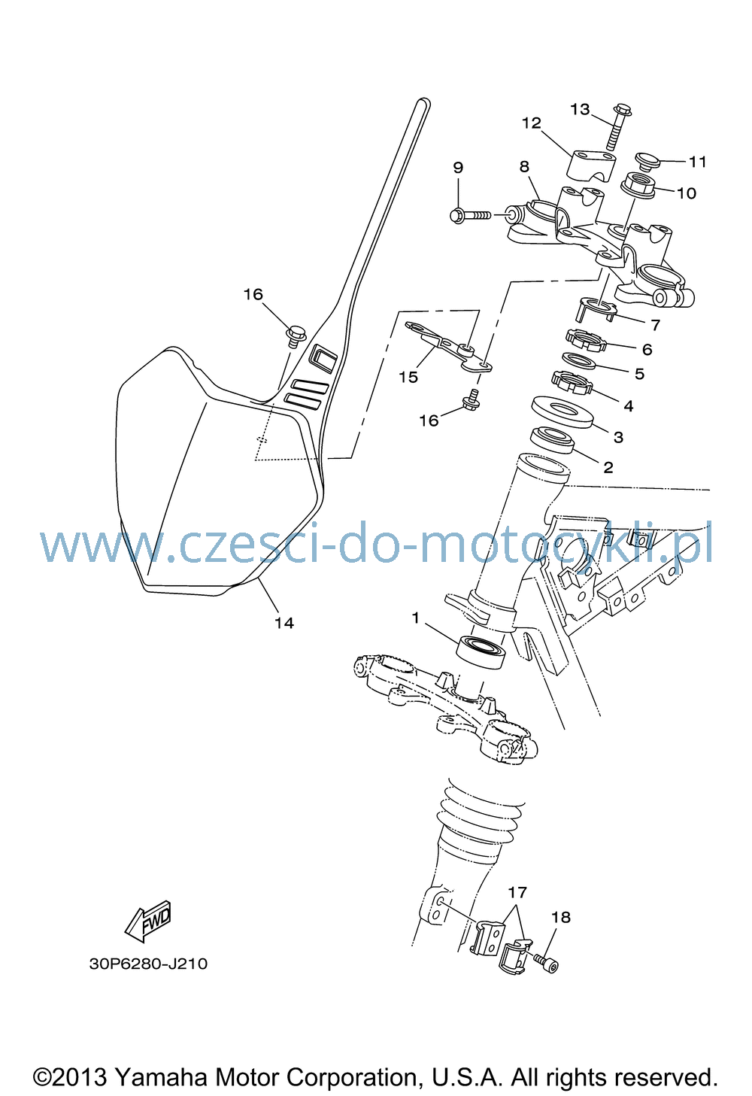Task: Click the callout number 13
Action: [x=580, y=109]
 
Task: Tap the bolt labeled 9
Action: [x=470, y=215]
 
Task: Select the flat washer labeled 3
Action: [x=562, y=411]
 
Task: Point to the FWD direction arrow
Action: [x=148, y=921]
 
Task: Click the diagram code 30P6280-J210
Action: [x=148, y=964]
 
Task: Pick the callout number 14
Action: [x=284, y=623]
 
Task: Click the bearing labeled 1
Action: [x=481, y=653]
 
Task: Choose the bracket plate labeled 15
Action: [x=449, y=347]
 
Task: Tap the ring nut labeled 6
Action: [x=586, y=340]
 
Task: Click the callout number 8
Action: [x=524, y=167]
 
